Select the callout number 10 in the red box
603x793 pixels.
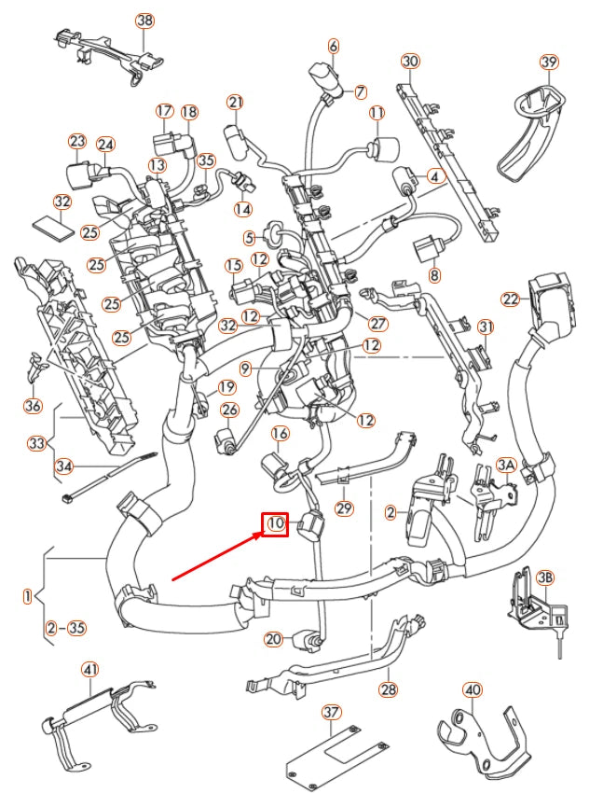click(276, 525)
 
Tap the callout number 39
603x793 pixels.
click(549, 62)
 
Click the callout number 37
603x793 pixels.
click(329, 712)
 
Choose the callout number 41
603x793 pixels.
click(89, 668)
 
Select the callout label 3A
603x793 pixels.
click(506, 464)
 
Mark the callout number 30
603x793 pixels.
click(410, 62)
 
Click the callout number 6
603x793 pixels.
click(333, 45)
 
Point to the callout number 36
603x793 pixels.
click(34, 406)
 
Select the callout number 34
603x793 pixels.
click(63, 466)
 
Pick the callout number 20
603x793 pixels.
click(272, 639)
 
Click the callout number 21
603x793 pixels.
click(235, 102)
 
